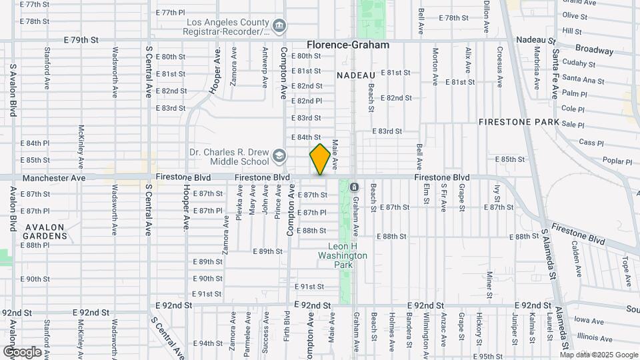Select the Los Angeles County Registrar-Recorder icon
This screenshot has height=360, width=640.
coord(279,26)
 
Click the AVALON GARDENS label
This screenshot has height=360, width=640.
coord(44,231)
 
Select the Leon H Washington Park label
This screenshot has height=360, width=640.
coord(343,255)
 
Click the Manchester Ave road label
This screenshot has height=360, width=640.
coord(54,178)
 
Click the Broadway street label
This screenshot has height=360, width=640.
coord(594,50)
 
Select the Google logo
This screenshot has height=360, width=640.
coord(21,351)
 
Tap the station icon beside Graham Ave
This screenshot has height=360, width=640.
coord(355,186)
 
